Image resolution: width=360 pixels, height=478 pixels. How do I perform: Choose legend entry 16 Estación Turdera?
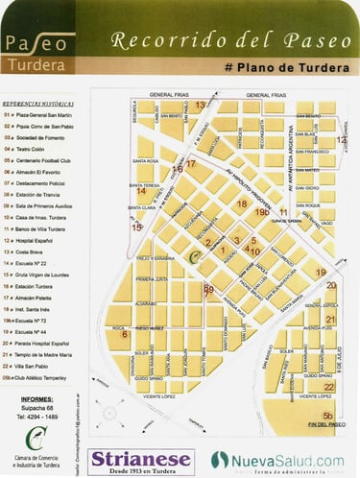38,286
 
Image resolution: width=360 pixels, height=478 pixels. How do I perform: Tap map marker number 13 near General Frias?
200,104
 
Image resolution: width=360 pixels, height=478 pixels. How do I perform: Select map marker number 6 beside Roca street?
121,332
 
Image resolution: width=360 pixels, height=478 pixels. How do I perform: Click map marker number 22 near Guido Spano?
328,387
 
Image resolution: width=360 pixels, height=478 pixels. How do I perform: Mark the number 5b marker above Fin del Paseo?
328,415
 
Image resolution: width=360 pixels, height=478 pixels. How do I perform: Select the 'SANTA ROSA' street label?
145,161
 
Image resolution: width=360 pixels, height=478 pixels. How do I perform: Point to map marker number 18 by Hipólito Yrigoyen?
242,203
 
